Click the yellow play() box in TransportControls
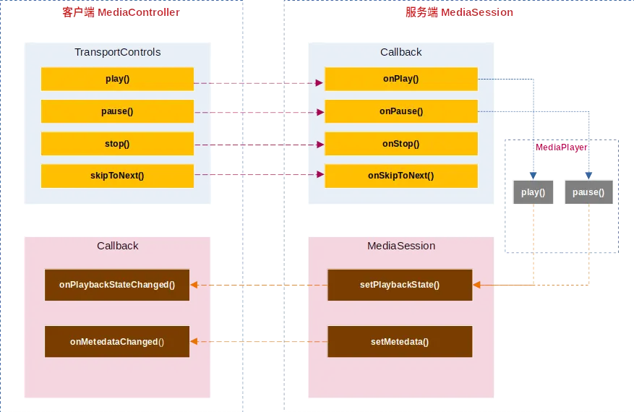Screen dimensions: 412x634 coord(117,79)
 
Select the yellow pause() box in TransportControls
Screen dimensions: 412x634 coord(117,111)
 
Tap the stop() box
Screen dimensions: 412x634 coord(117,144)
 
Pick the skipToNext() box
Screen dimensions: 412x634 coord(117,176)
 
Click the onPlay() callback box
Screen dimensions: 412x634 coord(401,79)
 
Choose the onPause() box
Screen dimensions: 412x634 coord(401,111)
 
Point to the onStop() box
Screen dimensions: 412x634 coord(401,144)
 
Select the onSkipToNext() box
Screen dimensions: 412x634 coord(401,176)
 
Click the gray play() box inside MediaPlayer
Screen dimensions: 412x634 coord(533,193)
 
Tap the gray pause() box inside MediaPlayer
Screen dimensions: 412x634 coord(588,193)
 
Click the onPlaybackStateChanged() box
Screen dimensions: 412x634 coord(117,285)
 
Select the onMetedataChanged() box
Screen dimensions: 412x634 coord(117,341)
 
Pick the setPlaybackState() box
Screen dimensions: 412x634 coord(400,285)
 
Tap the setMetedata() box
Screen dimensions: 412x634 coord(400,341)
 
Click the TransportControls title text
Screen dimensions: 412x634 coord(117,52)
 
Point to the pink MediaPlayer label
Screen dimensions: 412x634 coord(561,147)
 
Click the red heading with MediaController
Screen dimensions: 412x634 coord(121,12)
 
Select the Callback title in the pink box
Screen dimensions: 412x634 coord(117,246)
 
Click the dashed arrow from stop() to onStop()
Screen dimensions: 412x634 coord(259,145)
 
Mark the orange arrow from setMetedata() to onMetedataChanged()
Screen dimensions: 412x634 coord(259,342)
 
